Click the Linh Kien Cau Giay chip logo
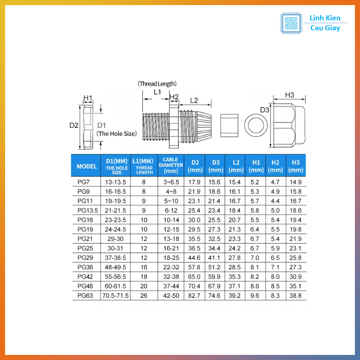click(x=291, y=23)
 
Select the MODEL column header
click(x=86, y=166)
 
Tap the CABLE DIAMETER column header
click(x=171, y=165)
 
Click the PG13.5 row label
click(x=87, y=210)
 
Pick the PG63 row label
click(x=85, y=295)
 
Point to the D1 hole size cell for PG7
click(x=115, y=182)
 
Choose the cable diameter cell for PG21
click(x=171, y=239)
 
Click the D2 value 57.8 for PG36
click(x=194, y=267)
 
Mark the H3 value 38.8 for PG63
click(x=295, y=295)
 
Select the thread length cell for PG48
click(x=144, y=286)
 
